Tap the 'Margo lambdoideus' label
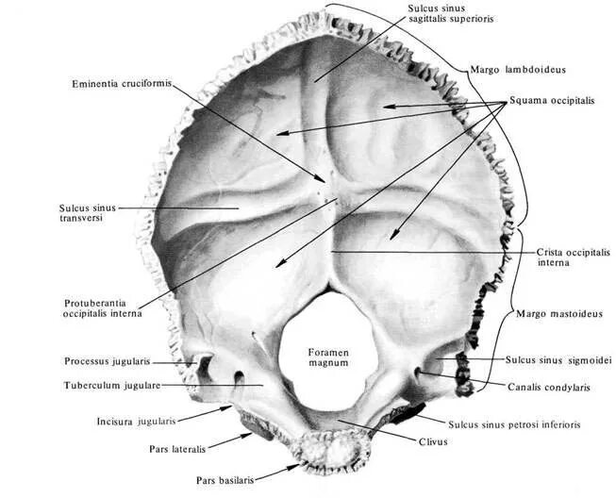pyautogui.click(x=515, y=69)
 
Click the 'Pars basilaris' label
pyautogui.click(x=229, y=479)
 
